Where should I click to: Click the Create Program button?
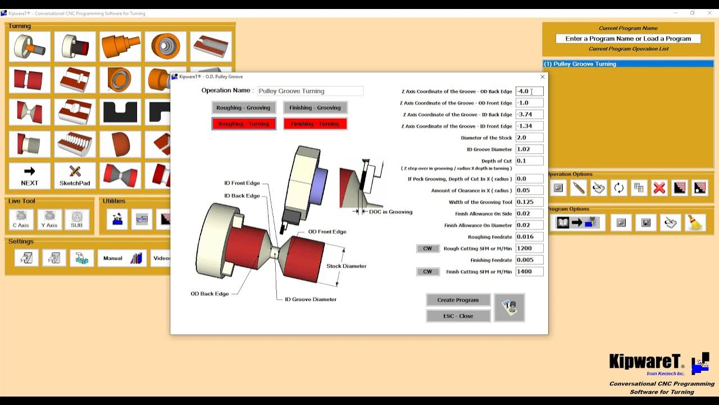(458, 300)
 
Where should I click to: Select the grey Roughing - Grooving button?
(243, 107)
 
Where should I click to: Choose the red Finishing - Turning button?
(315, 124)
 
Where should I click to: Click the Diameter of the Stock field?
(529, 137)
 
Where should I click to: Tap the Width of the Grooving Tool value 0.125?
(529, 202)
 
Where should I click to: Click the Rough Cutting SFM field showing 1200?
(529, 248)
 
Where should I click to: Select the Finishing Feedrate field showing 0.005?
(529, 260)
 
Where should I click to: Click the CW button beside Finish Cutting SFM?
(427, 272)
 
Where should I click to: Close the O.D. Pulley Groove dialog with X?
(542, 77)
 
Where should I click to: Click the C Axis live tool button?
(21, 219)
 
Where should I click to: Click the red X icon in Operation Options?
(659, 188)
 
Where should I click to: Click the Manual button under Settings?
(121, 258)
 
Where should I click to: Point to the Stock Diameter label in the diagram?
(346, 266)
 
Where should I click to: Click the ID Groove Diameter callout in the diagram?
(310, 299)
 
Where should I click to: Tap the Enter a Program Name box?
(628, 39)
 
